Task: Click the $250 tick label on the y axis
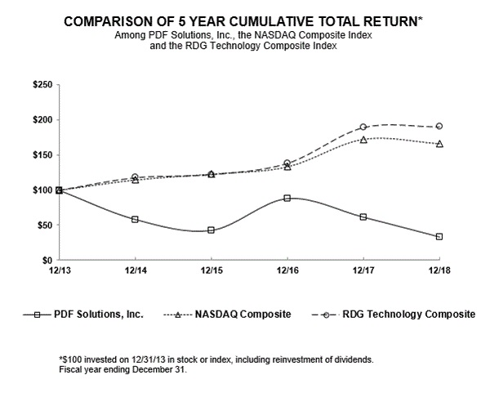(x=42, y=85)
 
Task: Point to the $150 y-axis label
(x=42, y=155)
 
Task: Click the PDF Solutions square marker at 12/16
(x=287, y=198)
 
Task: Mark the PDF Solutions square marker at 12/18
(x=439, y=237)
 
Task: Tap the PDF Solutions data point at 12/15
(x=211, y=230)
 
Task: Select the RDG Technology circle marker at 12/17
(x=363, y=127)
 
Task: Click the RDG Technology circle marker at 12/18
(x=439, y=126)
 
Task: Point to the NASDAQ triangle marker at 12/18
(x=439, y=144)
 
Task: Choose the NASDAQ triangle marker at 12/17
(x=363, y=140)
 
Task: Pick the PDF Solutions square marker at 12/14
(x=135, y=219)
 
